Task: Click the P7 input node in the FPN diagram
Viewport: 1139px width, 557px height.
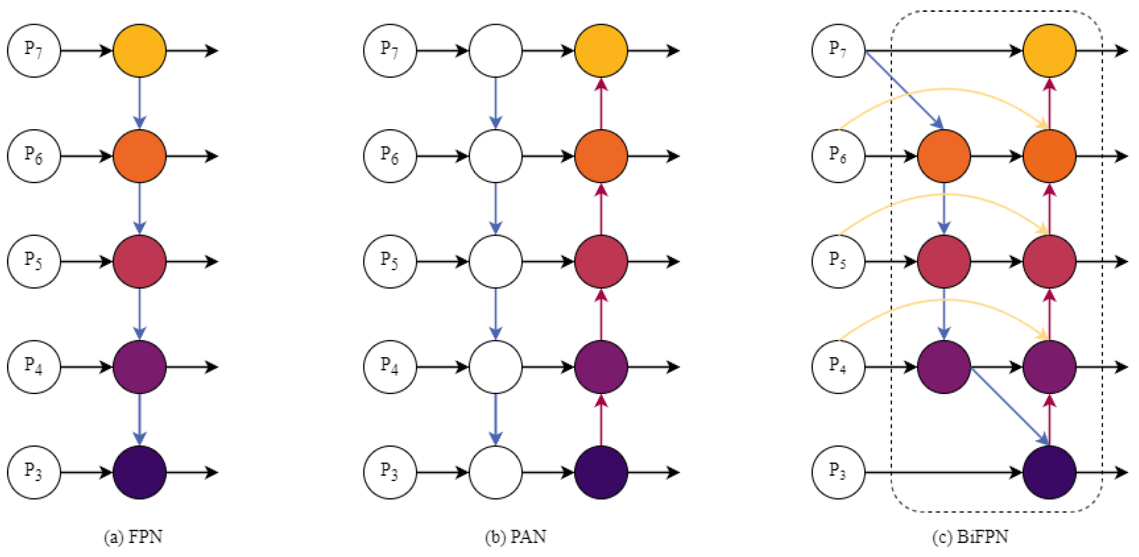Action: pyautogui.click(x=33, y=50)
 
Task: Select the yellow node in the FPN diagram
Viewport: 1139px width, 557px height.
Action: pyautogui.click(x=139, y=50)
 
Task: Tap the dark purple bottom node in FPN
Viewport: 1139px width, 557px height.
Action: pyautogui.click(x=139, y=472)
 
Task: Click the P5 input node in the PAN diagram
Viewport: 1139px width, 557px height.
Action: pyautogui.click(x=390, y=261)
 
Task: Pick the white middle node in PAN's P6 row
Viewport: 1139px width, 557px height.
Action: pyautogui.click(x=495, y=156)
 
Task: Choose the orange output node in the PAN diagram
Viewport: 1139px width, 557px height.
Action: pyautogui.click(x=601, y=156)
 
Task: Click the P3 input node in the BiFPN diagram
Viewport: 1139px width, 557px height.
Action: pyautogui.click(x=838, y=472)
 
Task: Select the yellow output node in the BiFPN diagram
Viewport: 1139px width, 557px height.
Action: pyautogui.click(x=1049, y=50)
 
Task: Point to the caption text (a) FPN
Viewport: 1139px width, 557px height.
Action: pyautogui.click(x=133, y=537)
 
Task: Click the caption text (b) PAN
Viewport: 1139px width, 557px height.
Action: pyautogui.click(x=516, y=537)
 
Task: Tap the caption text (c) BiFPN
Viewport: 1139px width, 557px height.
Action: pyautogui.click(x=970, y=537)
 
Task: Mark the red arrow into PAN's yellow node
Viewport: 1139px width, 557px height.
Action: pyautogui.click(x=601, y=104)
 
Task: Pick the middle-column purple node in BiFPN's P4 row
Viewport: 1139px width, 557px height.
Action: pyautogui.click(x=944, y=367)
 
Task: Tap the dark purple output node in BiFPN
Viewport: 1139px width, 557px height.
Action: pyautogui.click(x=1049, y=472)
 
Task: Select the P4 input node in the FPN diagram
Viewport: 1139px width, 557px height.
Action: pyautogui.click(x=33, y=367)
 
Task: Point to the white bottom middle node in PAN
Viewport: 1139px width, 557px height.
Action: pyautogui.click(x=495, y=472)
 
